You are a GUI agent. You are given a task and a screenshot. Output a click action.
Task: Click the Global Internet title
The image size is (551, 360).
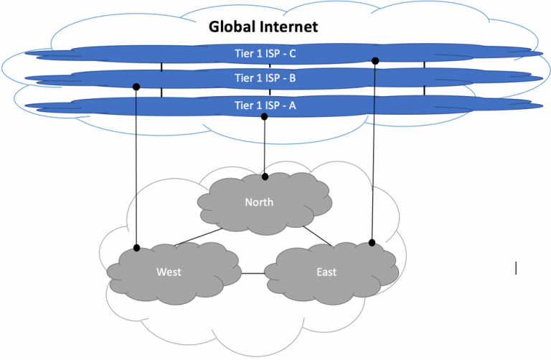click(x=263, y=27)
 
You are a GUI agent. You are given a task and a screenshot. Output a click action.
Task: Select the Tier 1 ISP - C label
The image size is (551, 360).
click(x=265, y=52)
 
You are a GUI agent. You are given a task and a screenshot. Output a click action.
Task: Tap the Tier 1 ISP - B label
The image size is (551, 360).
click(x=265, y=78)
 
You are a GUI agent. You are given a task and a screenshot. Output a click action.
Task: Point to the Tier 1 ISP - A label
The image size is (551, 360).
click(x=265, y=105)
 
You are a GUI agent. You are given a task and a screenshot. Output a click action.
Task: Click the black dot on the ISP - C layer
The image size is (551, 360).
click(x=375, y=61)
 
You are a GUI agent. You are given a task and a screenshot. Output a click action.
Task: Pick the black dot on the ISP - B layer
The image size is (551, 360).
click(x=136, y=87)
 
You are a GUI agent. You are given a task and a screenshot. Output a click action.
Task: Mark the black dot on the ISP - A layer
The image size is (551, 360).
click(x=265, y=116)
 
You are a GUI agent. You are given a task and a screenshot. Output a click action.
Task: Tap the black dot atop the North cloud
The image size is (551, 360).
click(x=265, y=176)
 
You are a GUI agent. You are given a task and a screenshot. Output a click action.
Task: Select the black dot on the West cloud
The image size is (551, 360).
click(x=136, y=249)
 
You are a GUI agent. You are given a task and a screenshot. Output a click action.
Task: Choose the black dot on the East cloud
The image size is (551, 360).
click(x=372, y=243)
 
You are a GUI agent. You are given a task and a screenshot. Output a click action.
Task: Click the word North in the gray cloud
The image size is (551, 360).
click(x=258, y=202)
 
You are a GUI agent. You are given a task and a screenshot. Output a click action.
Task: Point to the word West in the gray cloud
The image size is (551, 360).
click(x=169, y=272)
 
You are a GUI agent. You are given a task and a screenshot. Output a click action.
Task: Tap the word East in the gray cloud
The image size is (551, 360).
click(x=326, y=272)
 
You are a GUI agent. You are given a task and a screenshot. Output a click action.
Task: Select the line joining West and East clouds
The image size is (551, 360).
click(x=253, y=273)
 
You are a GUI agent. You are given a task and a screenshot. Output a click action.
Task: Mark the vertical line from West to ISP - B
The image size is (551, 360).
click(x=136, y=169)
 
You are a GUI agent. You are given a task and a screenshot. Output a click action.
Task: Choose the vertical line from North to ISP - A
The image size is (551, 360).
click(x=265, y=147)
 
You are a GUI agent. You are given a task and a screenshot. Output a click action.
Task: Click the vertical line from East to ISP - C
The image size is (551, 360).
click(x=374, y=151)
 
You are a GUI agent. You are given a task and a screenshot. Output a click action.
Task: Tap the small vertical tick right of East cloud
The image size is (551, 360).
click(x=516, y=269)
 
